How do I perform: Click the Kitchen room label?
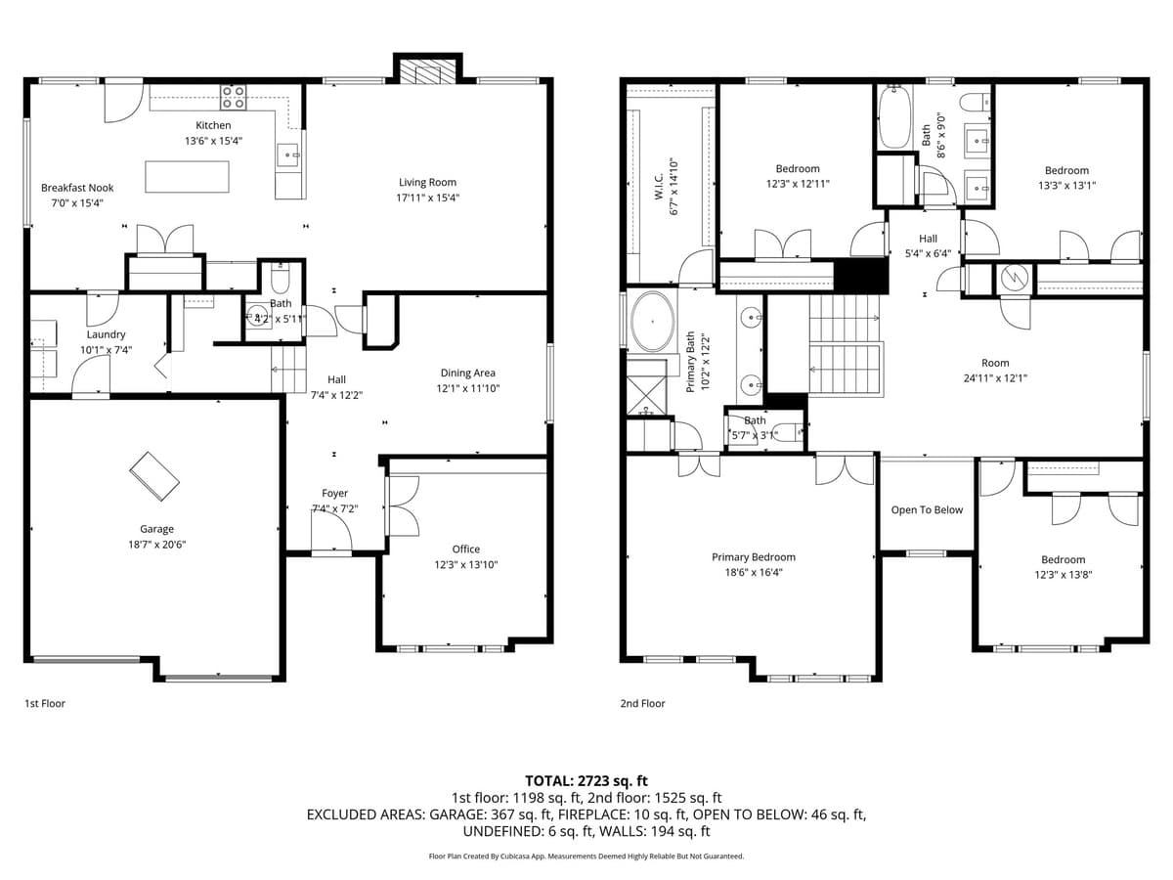pos(213,125)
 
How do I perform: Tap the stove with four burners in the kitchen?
pos(233,97)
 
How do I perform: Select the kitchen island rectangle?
pos(187,177)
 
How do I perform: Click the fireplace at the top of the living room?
pos(426,72)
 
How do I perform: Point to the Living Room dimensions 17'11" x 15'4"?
pos(427,198)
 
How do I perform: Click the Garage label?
pos(156,529)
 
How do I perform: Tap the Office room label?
pos(465,550)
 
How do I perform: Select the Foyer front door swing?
pos(332,533)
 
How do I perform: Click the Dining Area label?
pos(467,373)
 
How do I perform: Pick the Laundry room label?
pos(106,334)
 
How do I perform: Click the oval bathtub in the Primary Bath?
pos(650,321)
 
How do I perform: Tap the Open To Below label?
pos(927,510)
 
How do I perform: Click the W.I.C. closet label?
pos(660,186)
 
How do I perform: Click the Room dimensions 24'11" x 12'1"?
pos(995,378)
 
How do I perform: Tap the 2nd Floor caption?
pos(642,703)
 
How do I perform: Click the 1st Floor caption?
pos(45,703)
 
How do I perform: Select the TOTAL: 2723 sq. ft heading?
pos(586,780)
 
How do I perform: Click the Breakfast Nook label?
pos(77,188)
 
